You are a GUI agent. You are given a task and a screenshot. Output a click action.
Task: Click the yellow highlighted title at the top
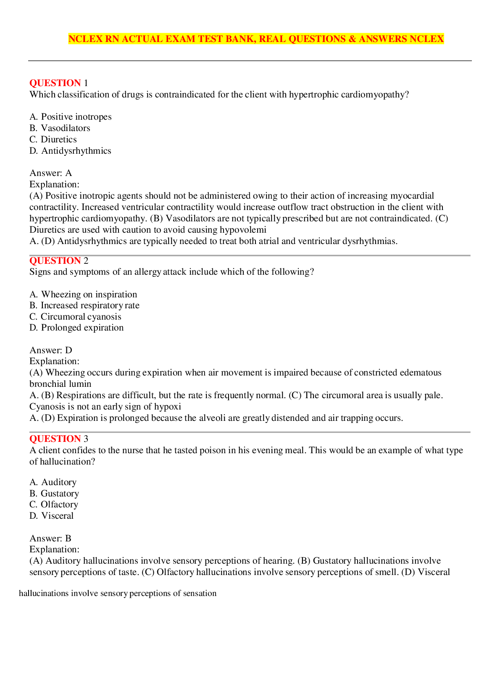point(256,39)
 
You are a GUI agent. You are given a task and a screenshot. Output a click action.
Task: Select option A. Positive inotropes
point(71,117)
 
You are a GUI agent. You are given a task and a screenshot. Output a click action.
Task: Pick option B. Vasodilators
point(60,128)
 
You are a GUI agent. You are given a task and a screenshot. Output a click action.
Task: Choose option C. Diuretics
point(53,139)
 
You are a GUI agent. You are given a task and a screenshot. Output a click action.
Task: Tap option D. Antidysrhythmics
point(70,151)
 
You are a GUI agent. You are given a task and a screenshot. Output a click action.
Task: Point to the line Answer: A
point(51,173)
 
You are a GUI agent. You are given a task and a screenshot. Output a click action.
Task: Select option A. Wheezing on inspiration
point(83,294)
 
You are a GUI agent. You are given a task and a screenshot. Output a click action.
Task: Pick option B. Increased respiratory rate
point(84,305)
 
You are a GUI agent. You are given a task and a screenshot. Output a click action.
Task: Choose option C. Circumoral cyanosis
point(75,317)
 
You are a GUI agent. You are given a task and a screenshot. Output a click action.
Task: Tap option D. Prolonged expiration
point(76,328)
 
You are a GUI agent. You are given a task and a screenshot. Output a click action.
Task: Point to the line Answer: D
point(51,350)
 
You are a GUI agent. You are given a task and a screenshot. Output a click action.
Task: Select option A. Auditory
point(53,482)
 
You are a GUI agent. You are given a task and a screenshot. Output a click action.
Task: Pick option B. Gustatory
point(54,494)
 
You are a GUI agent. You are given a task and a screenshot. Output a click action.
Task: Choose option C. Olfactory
point(54,504)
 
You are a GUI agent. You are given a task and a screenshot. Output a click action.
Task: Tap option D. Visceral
point(51,516)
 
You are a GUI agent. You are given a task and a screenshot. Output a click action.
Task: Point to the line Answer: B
point(50,538)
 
